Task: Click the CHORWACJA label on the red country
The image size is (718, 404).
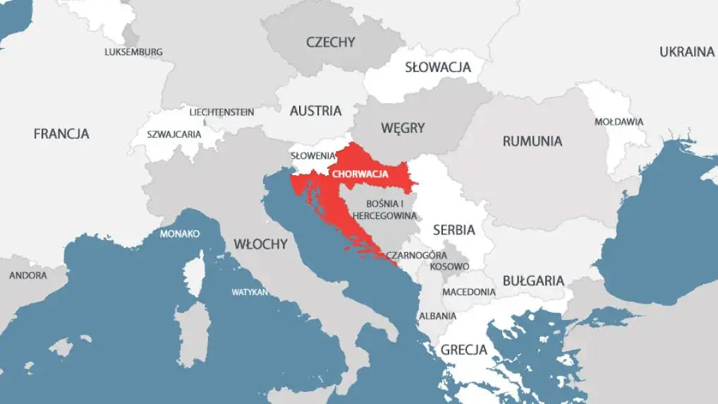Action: point(360,173)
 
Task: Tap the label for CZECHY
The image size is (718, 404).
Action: point(330,42)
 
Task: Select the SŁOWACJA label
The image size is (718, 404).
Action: point(437,68)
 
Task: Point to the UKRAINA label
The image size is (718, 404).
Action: point(686,52)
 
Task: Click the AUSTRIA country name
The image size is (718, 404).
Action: point(315,111)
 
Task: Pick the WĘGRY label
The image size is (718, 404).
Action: point(403,128)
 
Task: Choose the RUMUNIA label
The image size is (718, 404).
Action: point(532,141)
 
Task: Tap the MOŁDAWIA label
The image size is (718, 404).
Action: point(619,121)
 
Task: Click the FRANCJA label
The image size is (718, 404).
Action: point(61,133)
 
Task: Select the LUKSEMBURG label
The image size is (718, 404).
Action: point(133,52)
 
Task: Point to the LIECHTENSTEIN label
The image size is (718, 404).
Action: point(221,112)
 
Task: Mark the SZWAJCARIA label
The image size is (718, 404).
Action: point(174,134)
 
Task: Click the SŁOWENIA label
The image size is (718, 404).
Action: point(314,155)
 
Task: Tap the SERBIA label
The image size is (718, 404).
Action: point(454,230)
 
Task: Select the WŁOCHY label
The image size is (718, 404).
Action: point(260,244)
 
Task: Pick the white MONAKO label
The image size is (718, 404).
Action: point(180,234)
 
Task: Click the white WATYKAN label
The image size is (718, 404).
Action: point(250,292)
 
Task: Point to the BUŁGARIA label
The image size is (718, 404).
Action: point(533,280)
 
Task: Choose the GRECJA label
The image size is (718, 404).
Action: point(463,350)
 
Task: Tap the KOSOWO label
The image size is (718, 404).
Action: point(449,267)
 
